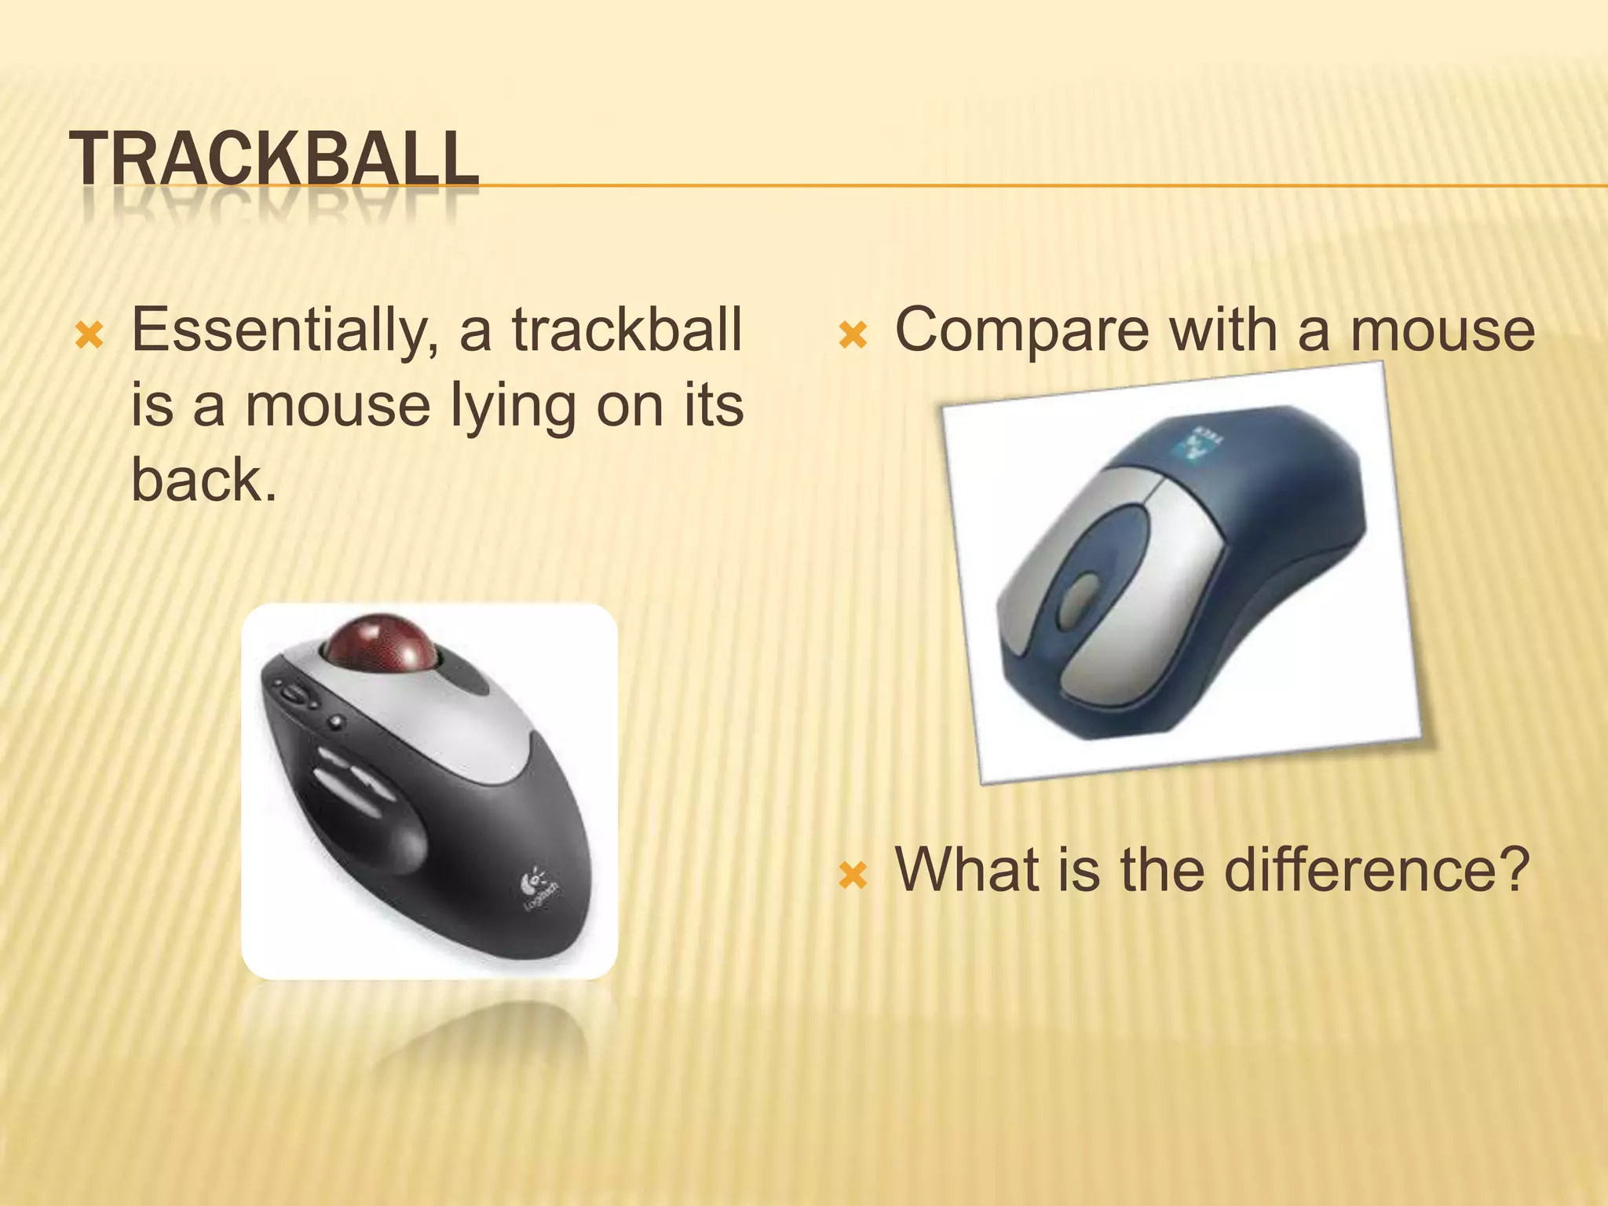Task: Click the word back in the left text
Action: click(x=203, y=481)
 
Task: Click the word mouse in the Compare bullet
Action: click(x=1442, y=331)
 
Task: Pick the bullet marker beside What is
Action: click(x=853, y=875)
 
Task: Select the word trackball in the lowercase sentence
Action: click(x=627, y=331)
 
